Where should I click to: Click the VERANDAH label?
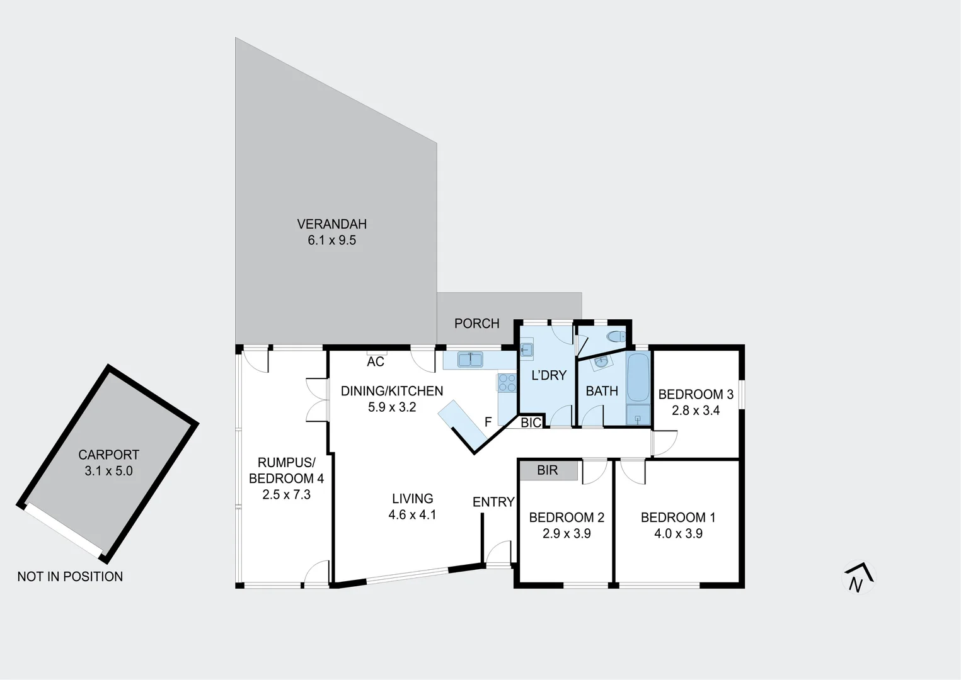point(331,224)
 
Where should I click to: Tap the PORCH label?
point(476,323)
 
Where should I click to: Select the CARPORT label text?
point(108,455)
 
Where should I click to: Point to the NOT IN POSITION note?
point(70,576)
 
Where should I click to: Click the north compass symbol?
point(858,577)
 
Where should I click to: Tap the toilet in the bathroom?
point(616,336)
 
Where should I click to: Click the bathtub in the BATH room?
point(638,377)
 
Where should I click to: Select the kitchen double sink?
point(470,360)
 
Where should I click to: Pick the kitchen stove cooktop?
point(507,383)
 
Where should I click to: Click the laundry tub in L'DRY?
point(527,350)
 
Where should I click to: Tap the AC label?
point(376,362)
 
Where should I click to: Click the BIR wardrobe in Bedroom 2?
point(548,470)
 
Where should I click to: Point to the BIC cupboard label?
point(531,422)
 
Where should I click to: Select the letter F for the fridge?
point(488,422)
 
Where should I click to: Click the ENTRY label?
point(493,502)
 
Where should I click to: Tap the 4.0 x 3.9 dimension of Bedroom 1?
point(678,533)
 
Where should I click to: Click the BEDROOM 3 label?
point(696,394)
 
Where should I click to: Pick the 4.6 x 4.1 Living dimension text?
point(412,514)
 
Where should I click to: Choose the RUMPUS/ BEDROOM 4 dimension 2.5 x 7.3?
point(286,494)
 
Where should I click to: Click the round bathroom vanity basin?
point(601,362)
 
